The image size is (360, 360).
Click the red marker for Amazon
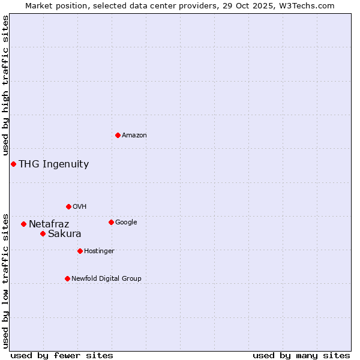tap(118, 135)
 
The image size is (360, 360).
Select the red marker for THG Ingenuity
tap(13, 164)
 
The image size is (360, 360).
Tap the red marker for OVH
tap(68, 206)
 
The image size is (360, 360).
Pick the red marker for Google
tap(111, 222)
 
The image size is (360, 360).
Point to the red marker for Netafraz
tap(23, 224)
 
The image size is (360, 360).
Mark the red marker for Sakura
tap(43, 233)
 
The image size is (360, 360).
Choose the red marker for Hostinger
tap(80, 251)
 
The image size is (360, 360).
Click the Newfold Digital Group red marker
tap(67, 278)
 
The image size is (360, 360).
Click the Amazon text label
tap(134, 136)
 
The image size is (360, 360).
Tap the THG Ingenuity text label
tap(53, 164)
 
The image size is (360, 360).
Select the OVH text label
tap(79, 207)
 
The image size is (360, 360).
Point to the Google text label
tap(126, 223)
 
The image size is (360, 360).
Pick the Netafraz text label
tap(49, 224)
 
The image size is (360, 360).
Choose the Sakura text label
tap(64, 234)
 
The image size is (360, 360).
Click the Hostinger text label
tap(99, 251)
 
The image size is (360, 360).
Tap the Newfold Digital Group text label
tap(106, 279)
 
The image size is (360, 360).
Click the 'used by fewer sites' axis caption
tap(61, 355)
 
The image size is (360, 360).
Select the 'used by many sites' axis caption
tap(301, 355)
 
